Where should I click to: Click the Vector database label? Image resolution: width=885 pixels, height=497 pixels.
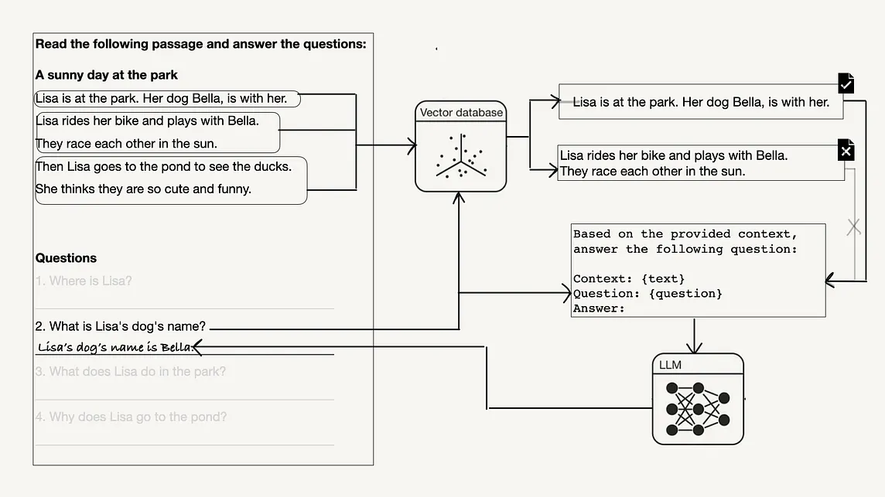click(461, 113)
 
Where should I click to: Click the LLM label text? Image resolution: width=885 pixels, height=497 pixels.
click(670, 364)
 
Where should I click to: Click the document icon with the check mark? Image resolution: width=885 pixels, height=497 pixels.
click(846, 83)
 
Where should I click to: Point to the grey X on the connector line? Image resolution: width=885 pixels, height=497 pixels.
click(854, 227)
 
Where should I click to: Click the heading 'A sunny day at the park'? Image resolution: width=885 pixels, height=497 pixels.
click(107, 75)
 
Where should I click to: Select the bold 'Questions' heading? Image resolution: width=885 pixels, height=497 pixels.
click(66, 258)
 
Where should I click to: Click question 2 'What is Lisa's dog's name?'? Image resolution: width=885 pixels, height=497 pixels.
click(120, 326)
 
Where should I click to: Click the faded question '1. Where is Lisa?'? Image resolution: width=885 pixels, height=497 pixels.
click(84, 281)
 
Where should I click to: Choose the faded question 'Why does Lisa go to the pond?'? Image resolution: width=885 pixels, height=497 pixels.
click(131, 417)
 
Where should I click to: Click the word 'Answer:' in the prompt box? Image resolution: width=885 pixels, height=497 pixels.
click(599, 308)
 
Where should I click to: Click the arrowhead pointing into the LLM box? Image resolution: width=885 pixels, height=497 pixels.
click(696, 349)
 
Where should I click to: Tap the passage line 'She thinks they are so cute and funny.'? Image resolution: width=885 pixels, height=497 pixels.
click(143, 189)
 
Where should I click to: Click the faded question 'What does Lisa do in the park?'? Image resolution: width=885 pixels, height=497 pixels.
click(131, 372)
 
